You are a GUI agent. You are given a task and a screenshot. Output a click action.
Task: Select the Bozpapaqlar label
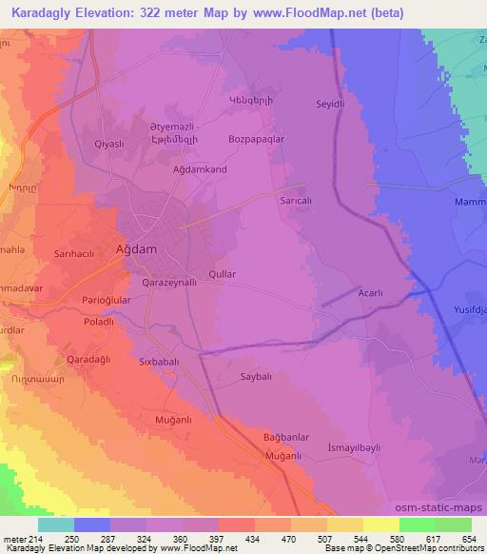click(257, 139)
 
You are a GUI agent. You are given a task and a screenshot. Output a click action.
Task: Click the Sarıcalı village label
click(296, 203)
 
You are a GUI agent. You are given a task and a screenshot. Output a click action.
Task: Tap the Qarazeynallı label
click(168, 283)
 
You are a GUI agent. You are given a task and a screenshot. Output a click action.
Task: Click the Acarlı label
click(370, 294)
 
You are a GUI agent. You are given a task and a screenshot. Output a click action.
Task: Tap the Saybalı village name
click(258, 376)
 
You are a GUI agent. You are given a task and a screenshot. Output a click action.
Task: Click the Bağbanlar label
click(286, 437)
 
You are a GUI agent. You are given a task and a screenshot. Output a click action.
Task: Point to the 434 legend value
click(253, 539)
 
